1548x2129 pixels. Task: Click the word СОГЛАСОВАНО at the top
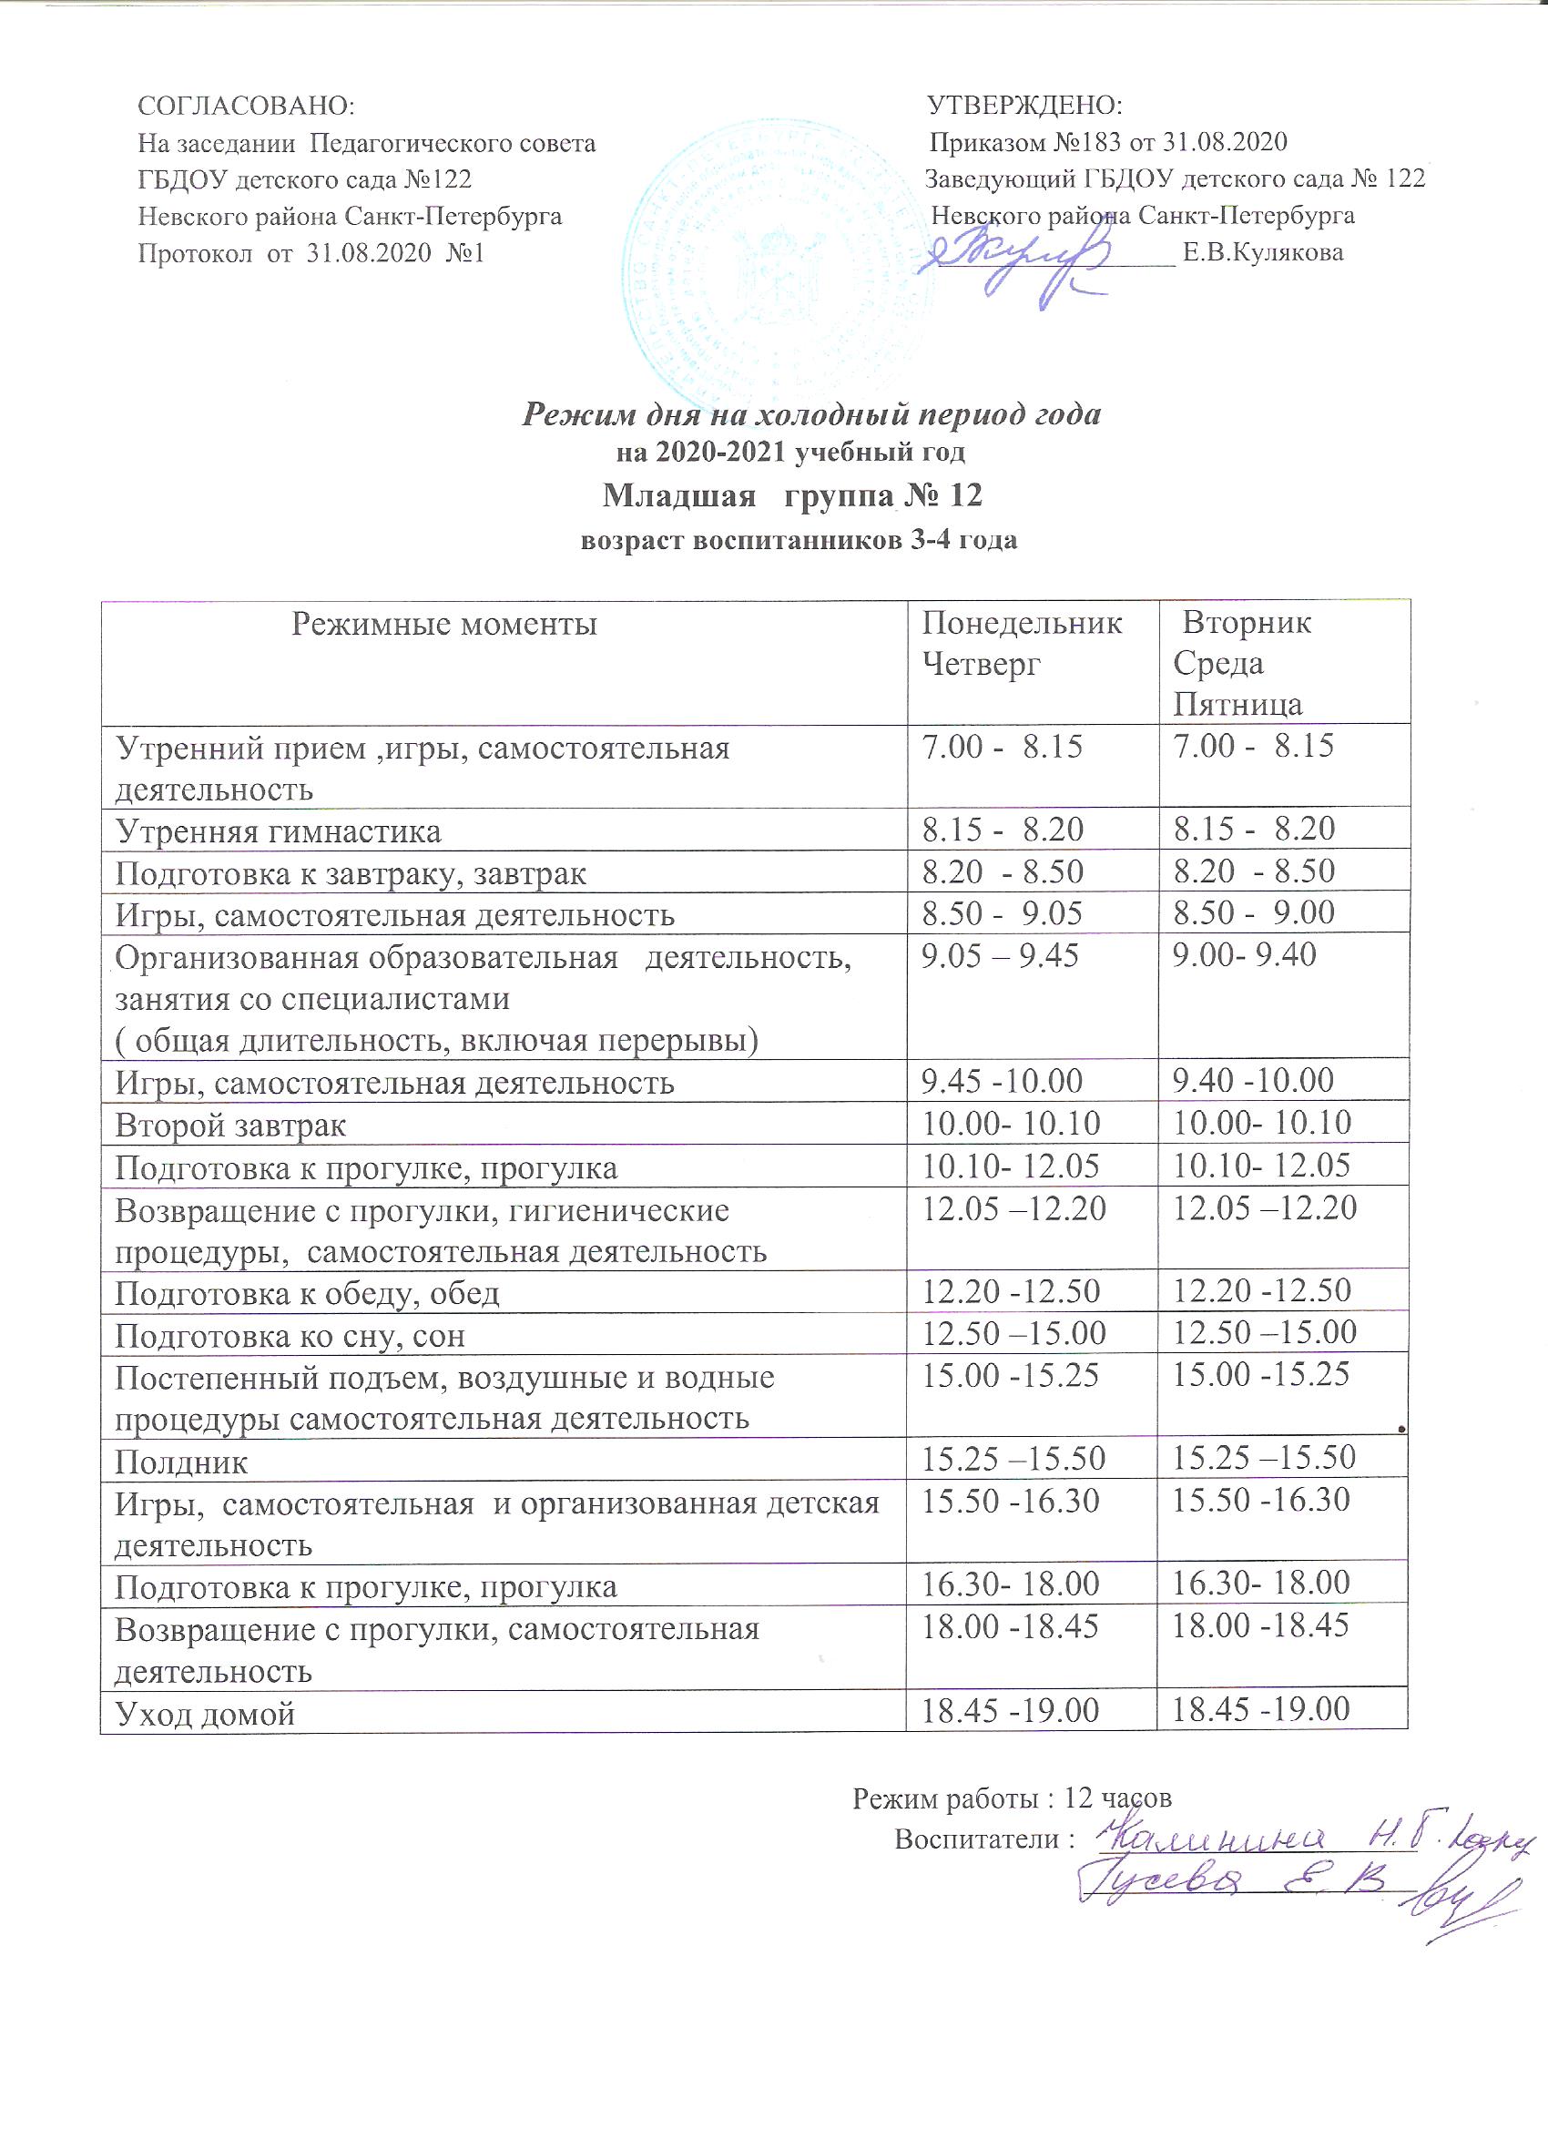click(246, 105)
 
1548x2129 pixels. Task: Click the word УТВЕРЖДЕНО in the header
click(1025, 105)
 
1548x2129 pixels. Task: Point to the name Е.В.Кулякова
click(1263, 252)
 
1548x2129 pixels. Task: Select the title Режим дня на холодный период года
click(811, 414)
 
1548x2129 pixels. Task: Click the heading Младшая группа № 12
click(792, 494)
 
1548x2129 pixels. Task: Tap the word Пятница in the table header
click(1238, 704)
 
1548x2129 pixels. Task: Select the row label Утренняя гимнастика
click(278, 830)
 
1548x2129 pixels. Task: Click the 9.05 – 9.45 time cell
click(1000, 955)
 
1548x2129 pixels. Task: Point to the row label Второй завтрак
click(231, 1125)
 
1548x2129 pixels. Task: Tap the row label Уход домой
click(205, 1714)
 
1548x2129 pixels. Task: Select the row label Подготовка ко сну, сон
click(290, 1335)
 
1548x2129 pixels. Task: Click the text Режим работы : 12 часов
click(1012, 1798)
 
